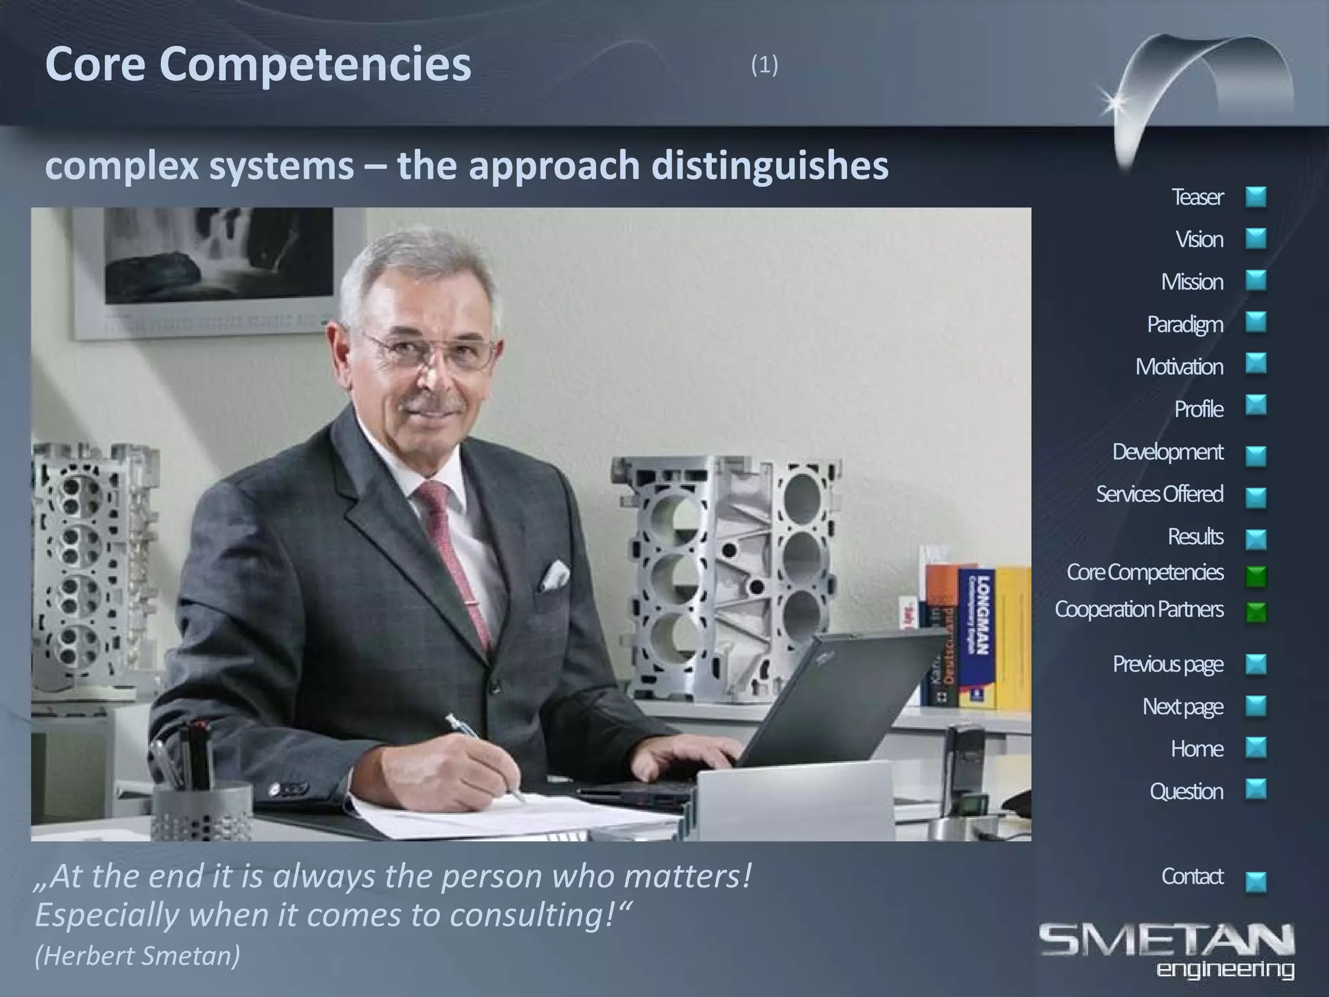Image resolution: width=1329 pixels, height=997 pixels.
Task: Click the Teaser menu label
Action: pyautogui.click(x=1197, y=197)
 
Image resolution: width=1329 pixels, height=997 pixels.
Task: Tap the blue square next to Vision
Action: pyautogui.click(x=1256, y=239)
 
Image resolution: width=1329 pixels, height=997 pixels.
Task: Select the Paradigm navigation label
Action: pyautogui.click(x=1185, y=324)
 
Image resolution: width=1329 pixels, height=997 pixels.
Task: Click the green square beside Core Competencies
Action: pyautogui.click(x=1256, y=576)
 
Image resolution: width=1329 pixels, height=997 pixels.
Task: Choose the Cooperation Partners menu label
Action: pyautogui.click(x=1139, y=609)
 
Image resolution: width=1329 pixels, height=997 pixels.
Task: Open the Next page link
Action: pyautogui.click(x=1182, y=706)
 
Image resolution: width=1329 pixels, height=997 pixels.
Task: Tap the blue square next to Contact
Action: pyautogui.click(x=1256, y=881)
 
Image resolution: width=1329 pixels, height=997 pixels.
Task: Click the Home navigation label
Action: pyautogui.click(x=1197, y=749)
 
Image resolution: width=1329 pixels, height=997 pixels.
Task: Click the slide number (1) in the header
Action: pyautogui.click(x=764, y=65)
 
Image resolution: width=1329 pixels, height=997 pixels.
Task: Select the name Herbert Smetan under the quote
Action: pyautogui.click(x=138, y=956)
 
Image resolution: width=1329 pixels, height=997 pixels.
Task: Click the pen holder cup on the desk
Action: pyautogui.click(x=201, y=811)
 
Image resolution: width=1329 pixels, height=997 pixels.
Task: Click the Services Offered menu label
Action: pyautogui.click(x=1159, y=494)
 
